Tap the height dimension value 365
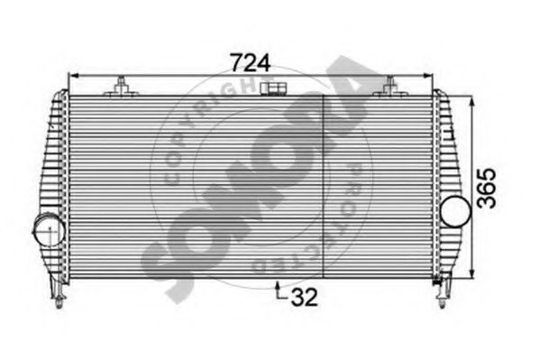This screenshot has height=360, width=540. pos(487,187)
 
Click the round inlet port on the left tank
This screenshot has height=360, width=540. pos(46,231)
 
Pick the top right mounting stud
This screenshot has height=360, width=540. pos(389,87)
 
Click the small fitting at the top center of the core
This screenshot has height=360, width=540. pos(270,88)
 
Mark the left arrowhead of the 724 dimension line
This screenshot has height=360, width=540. pos(71,77)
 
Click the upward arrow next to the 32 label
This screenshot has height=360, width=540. pos(278,287)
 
